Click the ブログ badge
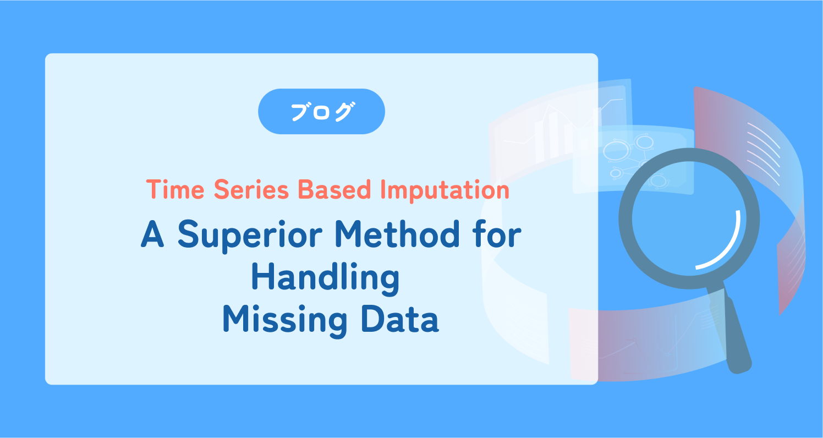pos(321,112)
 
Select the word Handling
pos(325,278)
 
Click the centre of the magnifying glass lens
pos(689,218)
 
